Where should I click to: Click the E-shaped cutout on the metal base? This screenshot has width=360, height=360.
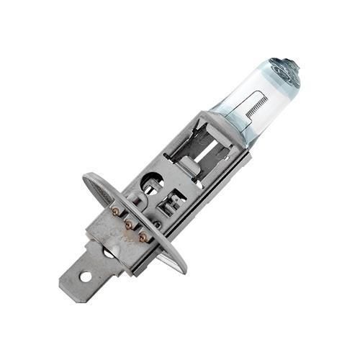[x=174, y=203]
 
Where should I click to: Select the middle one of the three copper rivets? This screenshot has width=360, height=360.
[x=130, y=225]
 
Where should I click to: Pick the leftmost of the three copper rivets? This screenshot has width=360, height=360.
[x=115, y=212]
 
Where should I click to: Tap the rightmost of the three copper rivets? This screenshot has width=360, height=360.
[x=143, y=237]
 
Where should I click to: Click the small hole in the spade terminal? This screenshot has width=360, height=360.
[x=85, y=276]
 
